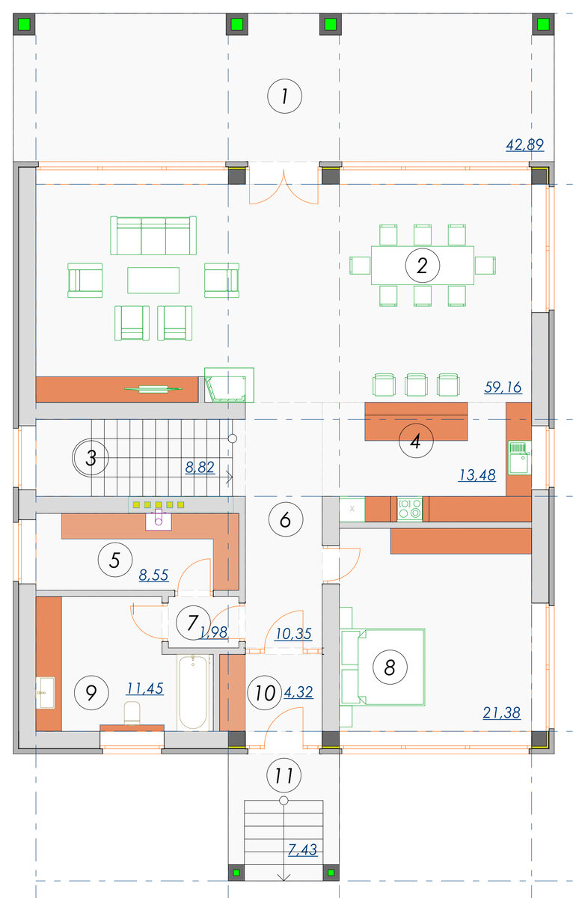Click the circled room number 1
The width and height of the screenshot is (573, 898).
284,97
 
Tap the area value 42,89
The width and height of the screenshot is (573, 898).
524,144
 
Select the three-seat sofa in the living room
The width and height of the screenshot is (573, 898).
153,236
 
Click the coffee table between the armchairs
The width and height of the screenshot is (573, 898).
153,281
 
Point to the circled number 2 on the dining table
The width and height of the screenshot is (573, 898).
423,266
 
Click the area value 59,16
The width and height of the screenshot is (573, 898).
503,388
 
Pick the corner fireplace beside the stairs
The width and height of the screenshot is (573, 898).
229,385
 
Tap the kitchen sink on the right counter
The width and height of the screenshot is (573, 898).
519,457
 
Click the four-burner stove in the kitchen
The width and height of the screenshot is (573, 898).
409,509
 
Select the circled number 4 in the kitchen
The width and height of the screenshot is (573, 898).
416,441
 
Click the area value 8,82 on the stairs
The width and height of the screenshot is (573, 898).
200,467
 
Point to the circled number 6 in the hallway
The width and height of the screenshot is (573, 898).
285,519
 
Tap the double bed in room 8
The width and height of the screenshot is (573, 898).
382,667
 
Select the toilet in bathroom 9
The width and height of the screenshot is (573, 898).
132,712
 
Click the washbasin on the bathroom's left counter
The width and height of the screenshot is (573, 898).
46,693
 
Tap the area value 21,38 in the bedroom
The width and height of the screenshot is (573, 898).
502,712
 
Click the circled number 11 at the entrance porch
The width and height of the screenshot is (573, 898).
284,775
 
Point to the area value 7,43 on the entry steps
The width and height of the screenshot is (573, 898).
302,849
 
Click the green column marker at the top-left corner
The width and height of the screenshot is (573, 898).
24,24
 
